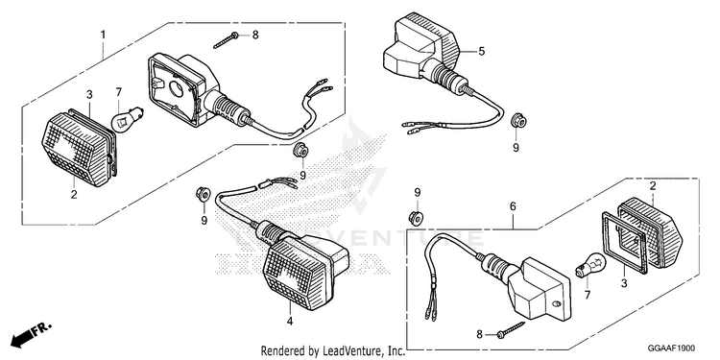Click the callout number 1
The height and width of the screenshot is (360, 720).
point(104,35)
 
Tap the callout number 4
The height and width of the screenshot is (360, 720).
point(290,322)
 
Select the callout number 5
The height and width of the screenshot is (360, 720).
point(481,52)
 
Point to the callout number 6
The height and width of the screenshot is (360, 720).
point(513,206)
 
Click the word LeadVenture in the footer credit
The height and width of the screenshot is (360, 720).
point(353,351)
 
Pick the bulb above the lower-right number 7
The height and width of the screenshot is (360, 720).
point(591,267)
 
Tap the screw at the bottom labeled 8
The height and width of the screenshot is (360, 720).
point(511,330)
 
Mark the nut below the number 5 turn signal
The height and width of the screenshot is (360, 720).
point(518,120)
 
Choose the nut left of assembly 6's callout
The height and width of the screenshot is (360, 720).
point(416,218)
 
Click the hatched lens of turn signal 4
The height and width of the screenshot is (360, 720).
point(295,270)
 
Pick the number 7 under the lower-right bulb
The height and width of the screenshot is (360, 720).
point(587,294)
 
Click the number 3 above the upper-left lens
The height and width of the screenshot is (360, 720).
point(89,95)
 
